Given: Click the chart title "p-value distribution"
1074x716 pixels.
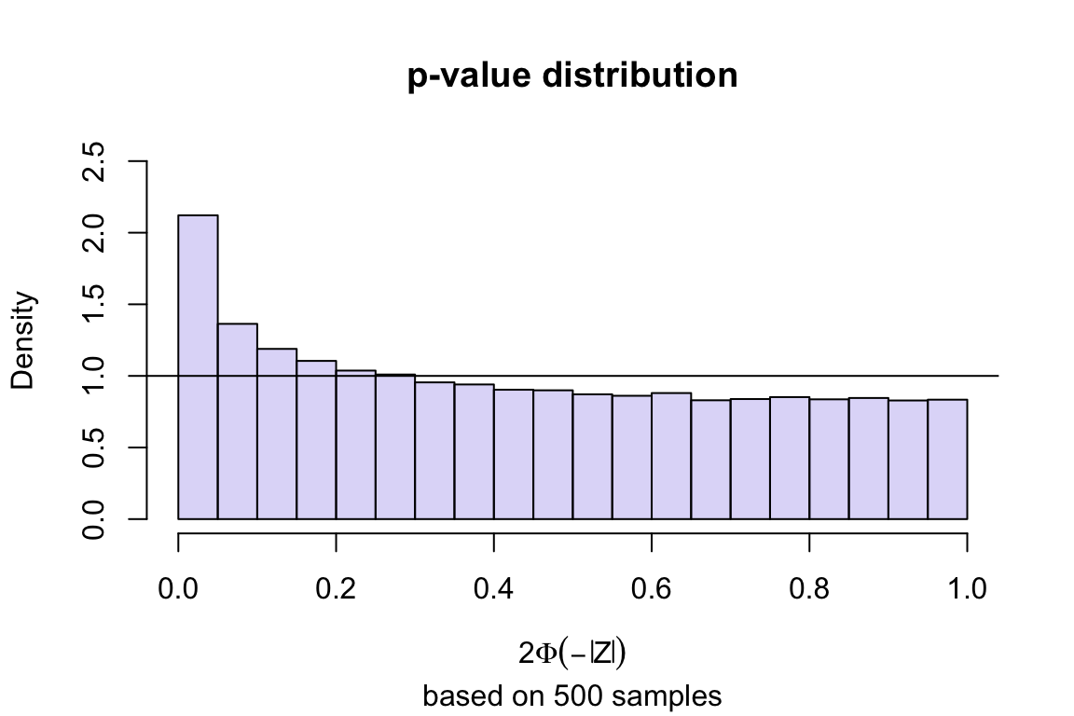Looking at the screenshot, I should click(572, 76).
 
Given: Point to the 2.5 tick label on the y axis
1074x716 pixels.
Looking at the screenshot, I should click(94, 161).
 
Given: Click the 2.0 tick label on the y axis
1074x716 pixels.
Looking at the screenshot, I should click(94, 232).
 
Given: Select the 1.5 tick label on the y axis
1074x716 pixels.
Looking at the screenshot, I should click(94, 304).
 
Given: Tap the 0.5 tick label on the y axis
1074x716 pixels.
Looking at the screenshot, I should click(94, 447).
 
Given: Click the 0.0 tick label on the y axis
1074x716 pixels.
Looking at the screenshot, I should click(94, 518).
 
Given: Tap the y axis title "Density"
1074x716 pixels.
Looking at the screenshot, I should click(25, 339).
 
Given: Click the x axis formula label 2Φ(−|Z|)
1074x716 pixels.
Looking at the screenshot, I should click(571, 653).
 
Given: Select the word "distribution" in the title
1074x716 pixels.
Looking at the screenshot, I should click(634, 76).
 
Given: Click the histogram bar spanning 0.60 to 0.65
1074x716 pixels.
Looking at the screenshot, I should click(671, 456).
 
